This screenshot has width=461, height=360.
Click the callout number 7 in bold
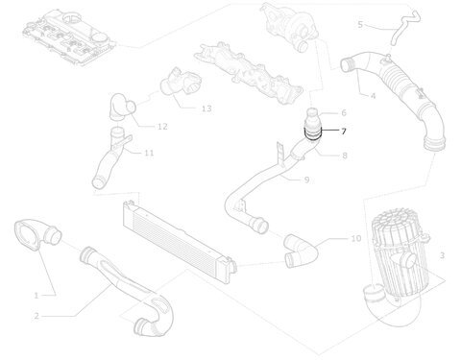click(343, 132)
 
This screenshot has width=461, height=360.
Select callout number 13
click(206, 108)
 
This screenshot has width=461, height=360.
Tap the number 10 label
click(356, 238)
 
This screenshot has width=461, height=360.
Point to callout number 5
click(360, 25)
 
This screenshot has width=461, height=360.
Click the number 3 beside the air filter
click(442, 255)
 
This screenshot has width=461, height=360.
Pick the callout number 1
click(36, 296)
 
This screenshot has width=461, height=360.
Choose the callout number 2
click(36, 316)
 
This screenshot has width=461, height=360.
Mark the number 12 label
click(162, 127)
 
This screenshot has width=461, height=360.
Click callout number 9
click(306, 180)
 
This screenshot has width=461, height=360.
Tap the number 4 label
click(373, 96)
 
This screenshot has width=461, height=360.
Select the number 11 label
click(149, 153)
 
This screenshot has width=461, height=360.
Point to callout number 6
click(344, 112)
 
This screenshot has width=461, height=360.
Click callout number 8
click(345, 156)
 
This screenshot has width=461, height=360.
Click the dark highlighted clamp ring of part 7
click(312, 137)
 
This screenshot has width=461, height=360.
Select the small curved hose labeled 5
click(404, 28)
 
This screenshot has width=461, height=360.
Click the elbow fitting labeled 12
click(122, 107)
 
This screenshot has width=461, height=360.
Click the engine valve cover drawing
click(69, 36)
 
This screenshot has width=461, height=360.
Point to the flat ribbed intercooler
click(180, 235)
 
